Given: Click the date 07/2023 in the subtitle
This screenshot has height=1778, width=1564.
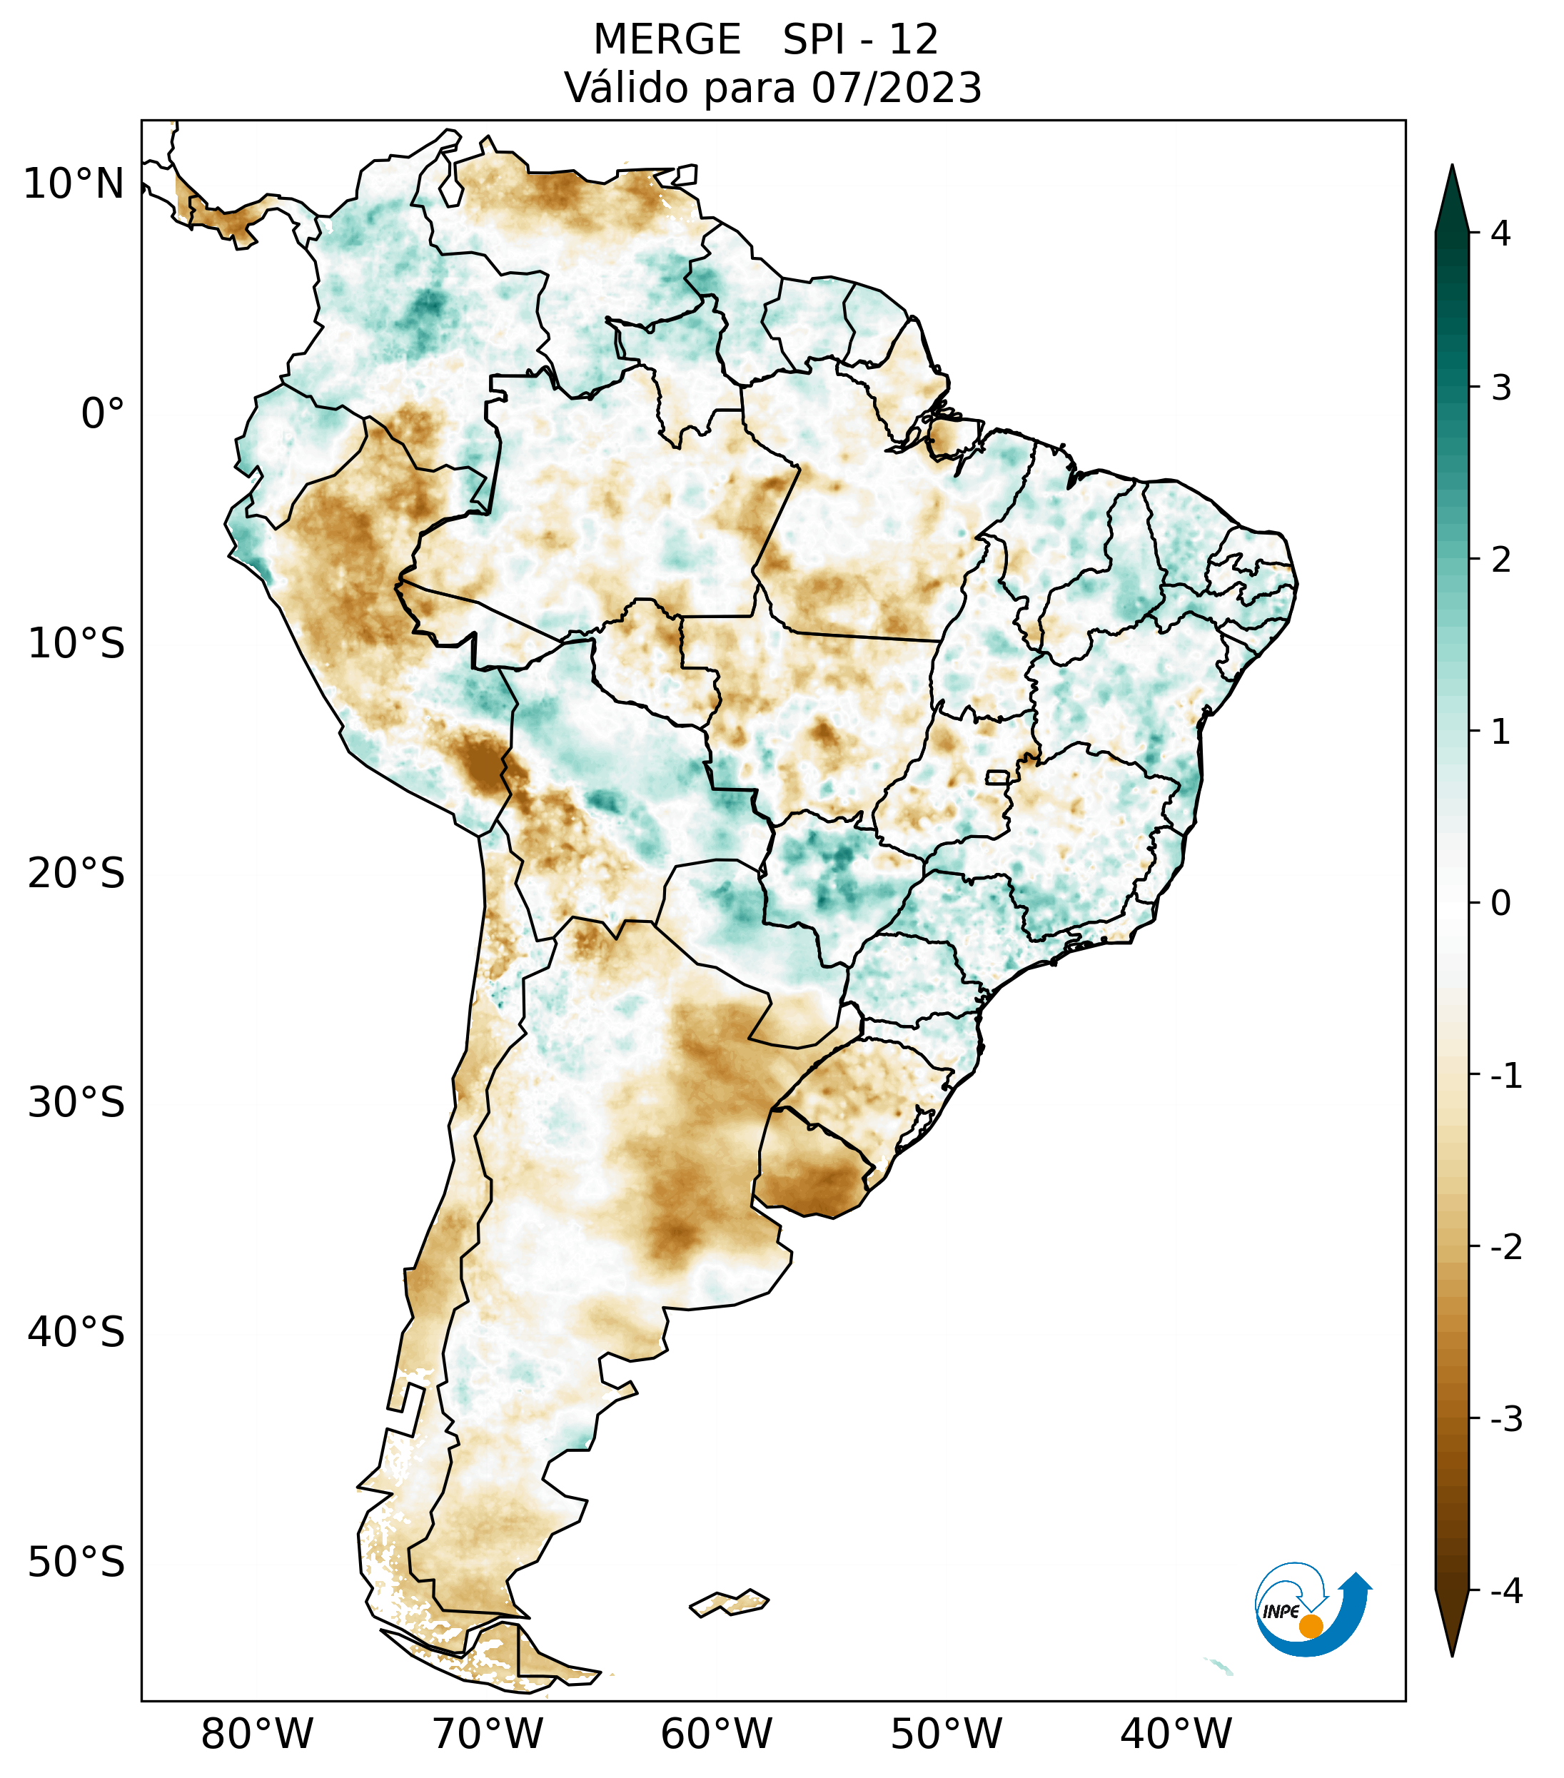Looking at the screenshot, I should pyautogui.click(x=897, y=88).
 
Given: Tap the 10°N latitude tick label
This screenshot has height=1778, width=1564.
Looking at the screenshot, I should pyautogui.click(x=74, y=184).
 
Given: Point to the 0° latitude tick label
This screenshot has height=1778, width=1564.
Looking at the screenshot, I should pyautogui.click(x=103, y=413).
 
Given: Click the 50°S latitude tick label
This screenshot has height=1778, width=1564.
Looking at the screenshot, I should pyautogui.click(x=76, y=1563).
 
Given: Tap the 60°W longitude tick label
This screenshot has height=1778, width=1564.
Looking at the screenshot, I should pyautogui.click(x=716, y=1734).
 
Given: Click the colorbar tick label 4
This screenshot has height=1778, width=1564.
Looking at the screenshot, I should pyautogui.click(x=1500, y=233).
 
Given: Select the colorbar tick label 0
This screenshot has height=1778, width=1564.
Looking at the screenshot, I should pyautogui.click(x=1500, y=904).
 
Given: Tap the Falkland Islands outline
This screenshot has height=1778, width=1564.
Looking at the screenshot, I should pyautogui.click(x=729, y=1602).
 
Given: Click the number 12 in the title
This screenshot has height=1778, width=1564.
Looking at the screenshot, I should pyautogui.click(x=914, y=40).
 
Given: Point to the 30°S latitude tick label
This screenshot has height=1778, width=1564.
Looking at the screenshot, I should pyautogui.click(x=76, y=1103).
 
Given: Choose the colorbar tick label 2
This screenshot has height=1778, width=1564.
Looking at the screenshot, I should pyautogui.click(x=1500, y=560).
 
